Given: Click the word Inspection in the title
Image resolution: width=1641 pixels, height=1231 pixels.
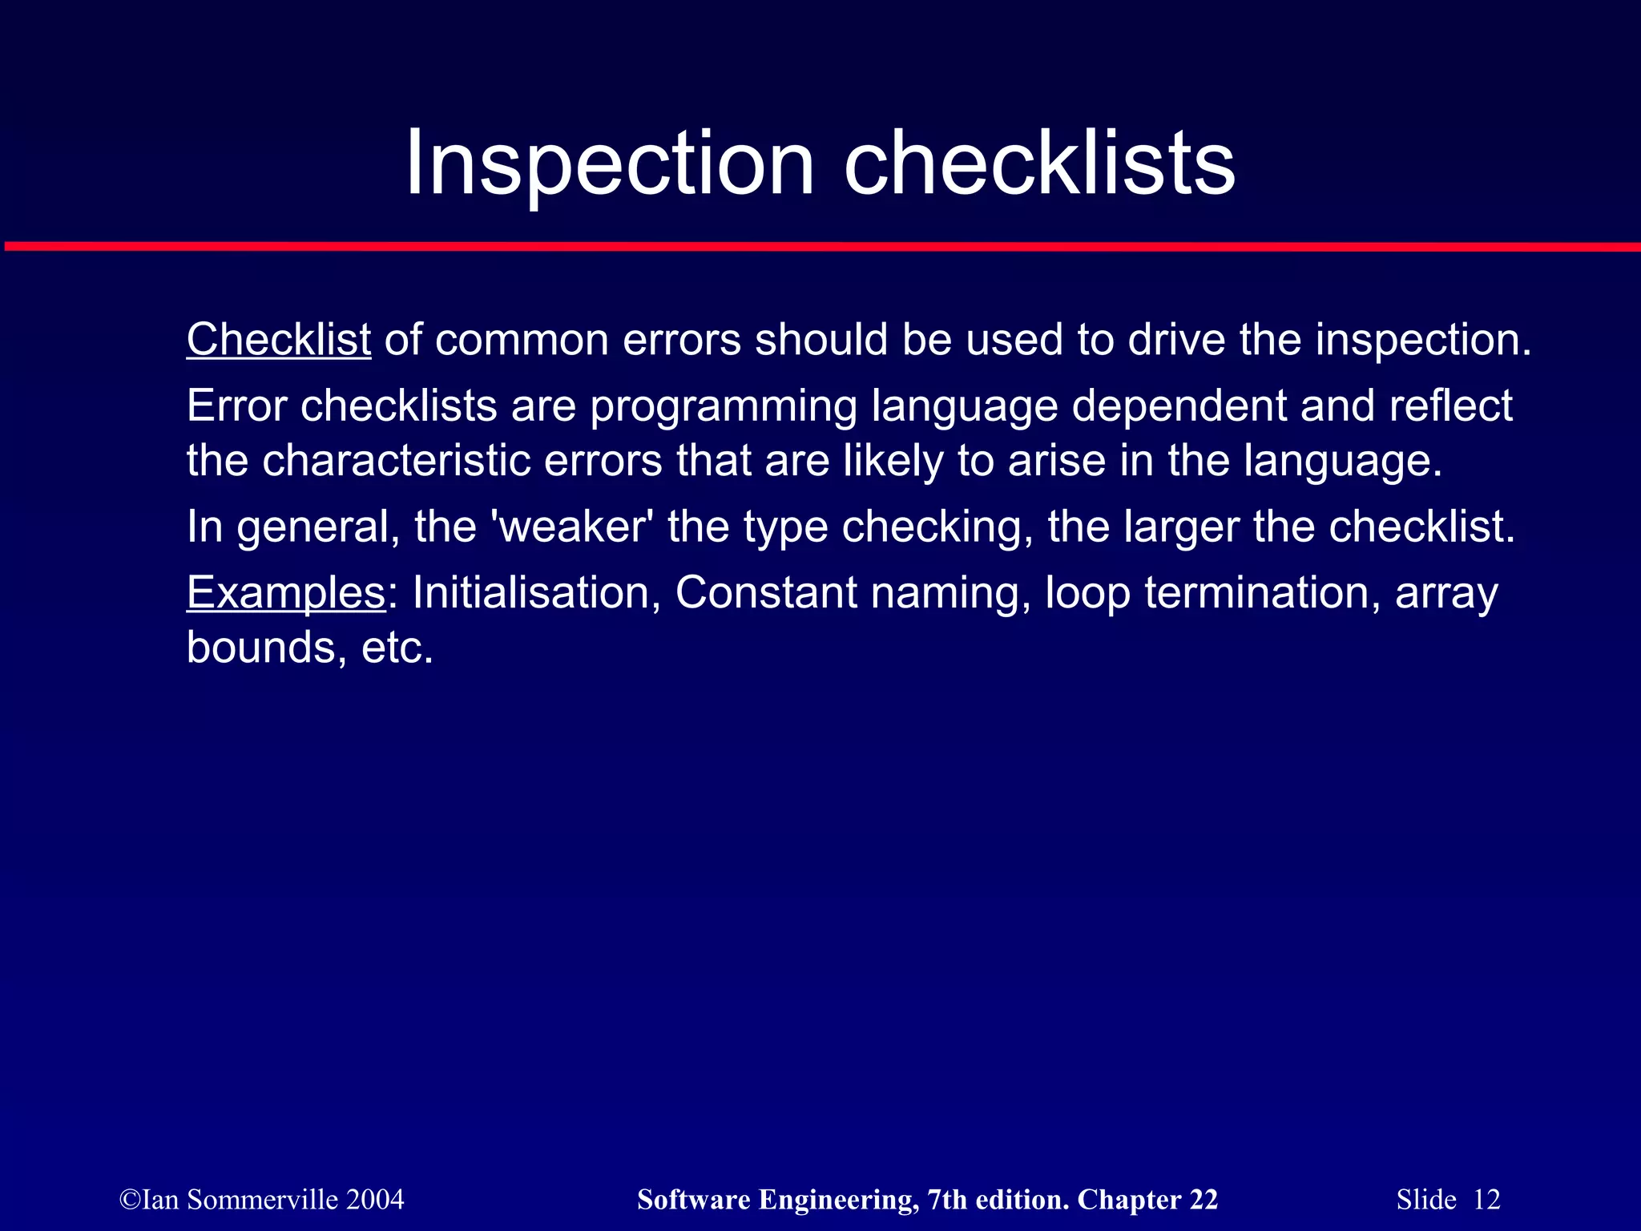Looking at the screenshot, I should [610, 164].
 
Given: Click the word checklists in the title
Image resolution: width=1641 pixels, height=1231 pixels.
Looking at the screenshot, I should [1039, 164].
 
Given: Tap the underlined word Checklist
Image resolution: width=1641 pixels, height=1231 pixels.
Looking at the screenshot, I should [278, 340].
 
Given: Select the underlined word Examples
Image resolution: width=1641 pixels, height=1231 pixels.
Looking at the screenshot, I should [286, 593].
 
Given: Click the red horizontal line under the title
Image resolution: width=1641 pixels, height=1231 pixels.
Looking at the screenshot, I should [820, 247].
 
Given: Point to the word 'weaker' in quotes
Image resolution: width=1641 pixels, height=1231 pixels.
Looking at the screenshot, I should [571, 527].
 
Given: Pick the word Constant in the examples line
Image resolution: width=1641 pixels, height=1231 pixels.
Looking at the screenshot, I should [766, 593].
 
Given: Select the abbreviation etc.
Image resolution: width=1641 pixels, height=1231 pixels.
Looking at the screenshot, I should [397, 648].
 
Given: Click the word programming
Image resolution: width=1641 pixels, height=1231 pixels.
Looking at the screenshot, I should [724, 406].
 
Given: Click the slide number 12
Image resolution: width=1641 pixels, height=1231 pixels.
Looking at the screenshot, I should [1486, 1200].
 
